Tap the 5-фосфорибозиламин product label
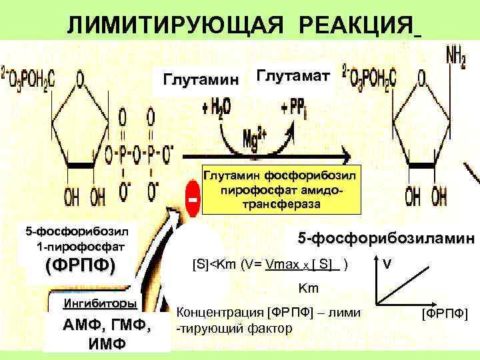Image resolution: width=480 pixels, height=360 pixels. tap(386, 237)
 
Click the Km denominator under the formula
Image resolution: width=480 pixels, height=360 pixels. tap(307, 289)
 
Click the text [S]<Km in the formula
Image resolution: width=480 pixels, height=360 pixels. tap(213, 263)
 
